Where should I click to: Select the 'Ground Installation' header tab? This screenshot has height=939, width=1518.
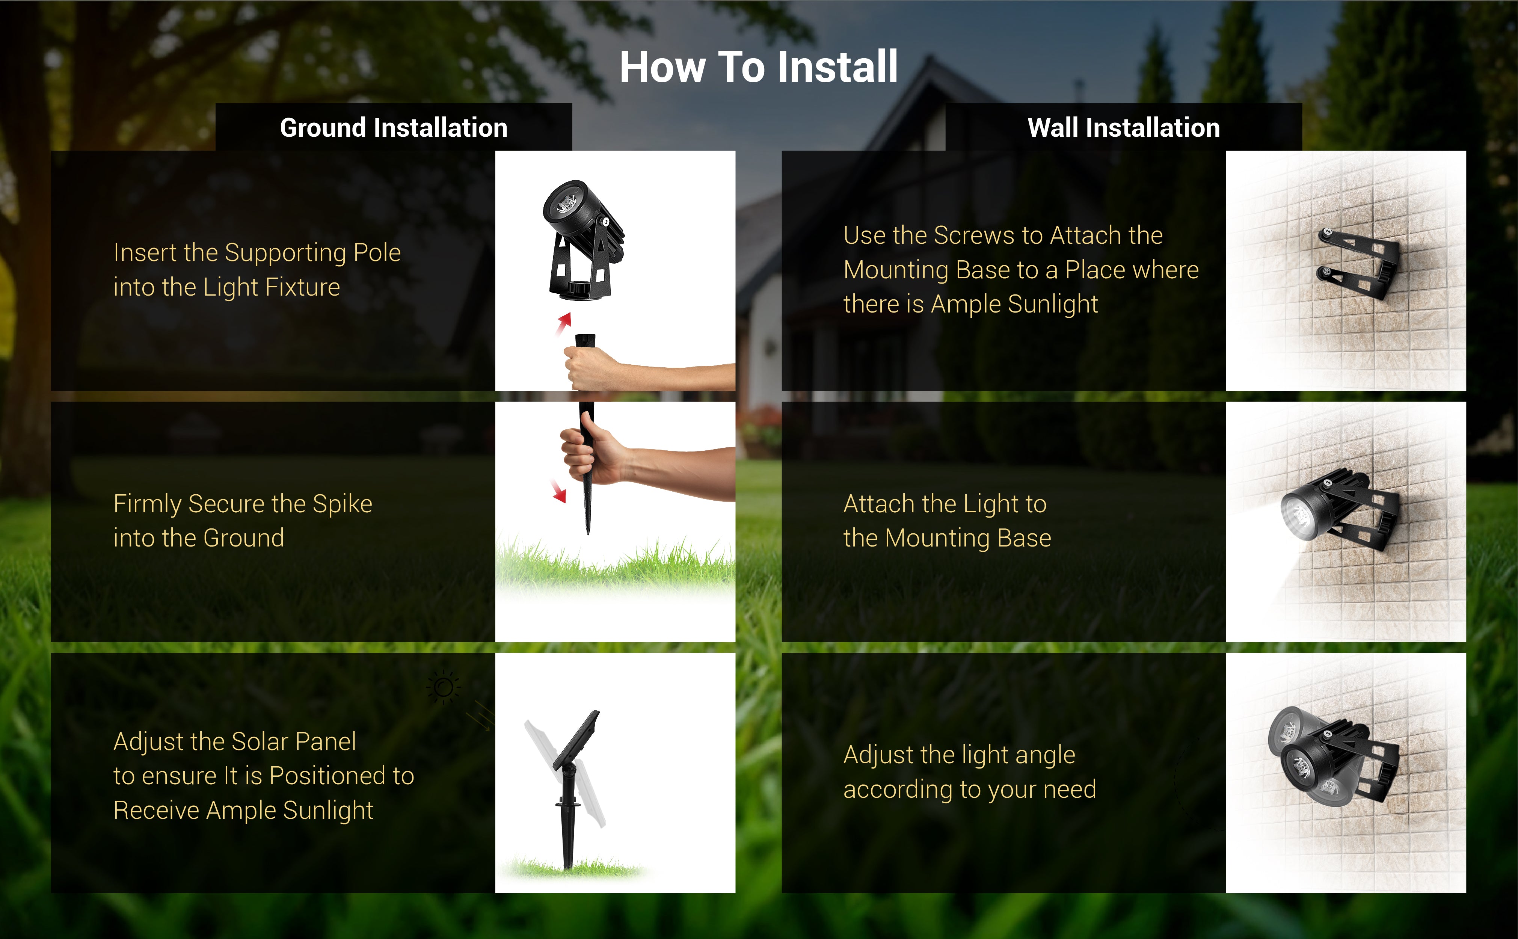coord(394,127)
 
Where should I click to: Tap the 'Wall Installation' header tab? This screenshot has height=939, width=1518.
coord(1124,127)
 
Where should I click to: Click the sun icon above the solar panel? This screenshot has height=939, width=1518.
coord(443,687)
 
